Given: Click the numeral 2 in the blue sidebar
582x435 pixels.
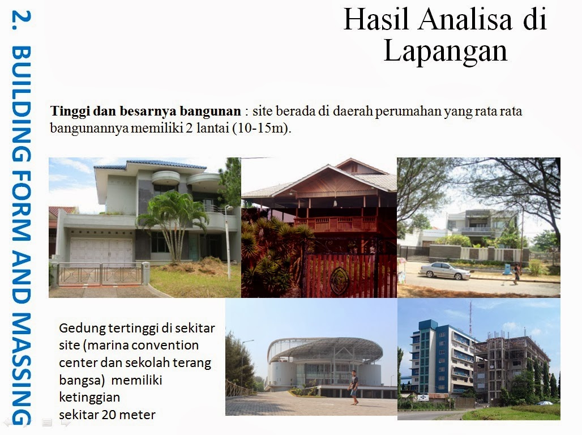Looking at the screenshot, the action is point(21,20).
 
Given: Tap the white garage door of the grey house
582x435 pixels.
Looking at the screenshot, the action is point(101,251).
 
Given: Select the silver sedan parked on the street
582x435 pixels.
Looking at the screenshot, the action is point(444,271).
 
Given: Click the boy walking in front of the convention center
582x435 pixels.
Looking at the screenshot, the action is point(354,387).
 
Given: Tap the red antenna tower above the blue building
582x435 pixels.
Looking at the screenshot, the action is point(470,318).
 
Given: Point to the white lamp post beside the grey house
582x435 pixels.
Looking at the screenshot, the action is point(228,241).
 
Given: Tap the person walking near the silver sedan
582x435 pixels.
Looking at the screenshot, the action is point(516,274).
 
